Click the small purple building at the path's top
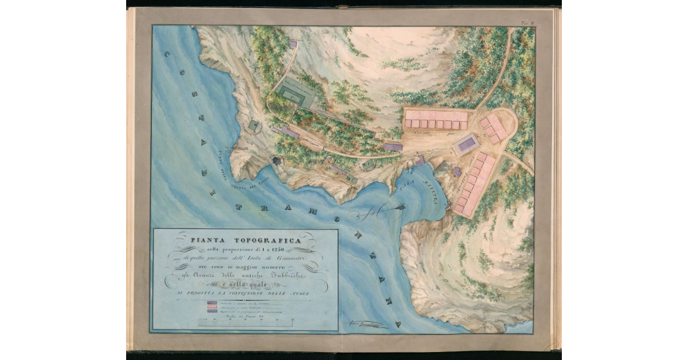click(x=293, y=44)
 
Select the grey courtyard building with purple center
click(x=466, y=144)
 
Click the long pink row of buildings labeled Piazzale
click(x=436, y=119)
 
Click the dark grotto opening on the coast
click(x=277, y=162)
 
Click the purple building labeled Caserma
click(x=393, y=147)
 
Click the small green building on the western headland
click(x=253, y=125)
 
